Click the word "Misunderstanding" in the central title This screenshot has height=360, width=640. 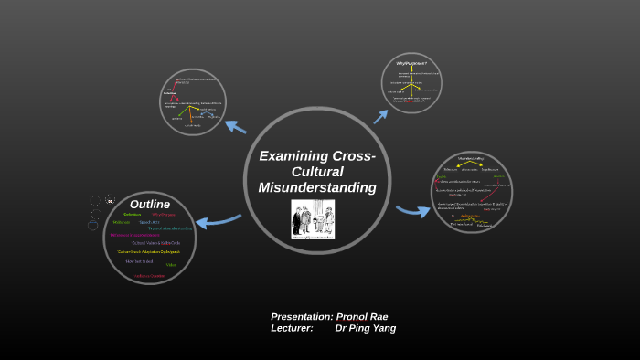point(317,187)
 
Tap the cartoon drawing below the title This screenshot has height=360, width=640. point(313,219)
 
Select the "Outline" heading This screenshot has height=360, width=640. point(150,204)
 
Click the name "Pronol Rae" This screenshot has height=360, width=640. point(362,316)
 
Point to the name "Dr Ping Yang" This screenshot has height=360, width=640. point(366,328)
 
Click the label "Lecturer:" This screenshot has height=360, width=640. point(292,328)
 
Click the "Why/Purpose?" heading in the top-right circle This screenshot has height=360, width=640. point(411,63)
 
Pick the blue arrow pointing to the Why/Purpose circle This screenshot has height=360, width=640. point(380,116)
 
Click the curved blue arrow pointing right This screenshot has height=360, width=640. point(413,211)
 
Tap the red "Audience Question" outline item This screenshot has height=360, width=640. point(150,275)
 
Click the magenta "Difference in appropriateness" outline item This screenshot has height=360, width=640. point(135,235)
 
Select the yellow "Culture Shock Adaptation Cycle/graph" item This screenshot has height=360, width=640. point(148,251)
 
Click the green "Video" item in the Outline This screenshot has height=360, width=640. point(171,265)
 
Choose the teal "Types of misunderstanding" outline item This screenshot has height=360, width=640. point(170,228)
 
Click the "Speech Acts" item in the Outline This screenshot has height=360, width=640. point(150,222)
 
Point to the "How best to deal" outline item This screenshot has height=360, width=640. point(139,261)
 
